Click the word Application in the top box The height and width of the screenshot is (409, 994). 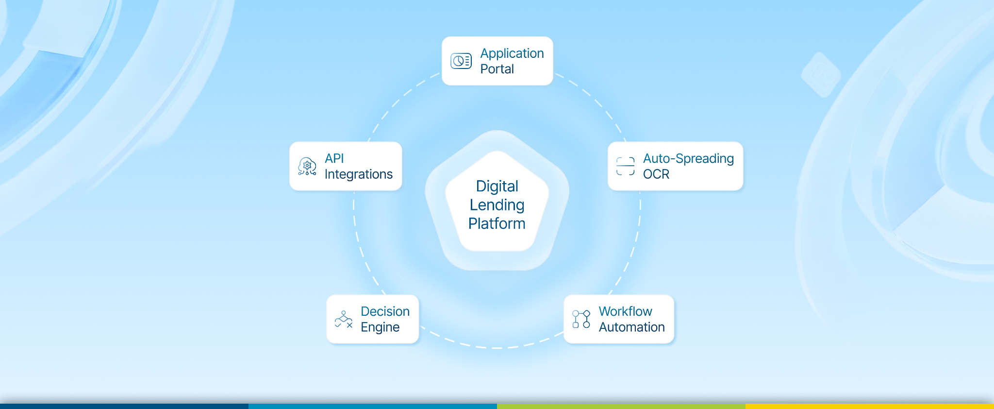pyautogui.click(x=512, y=53)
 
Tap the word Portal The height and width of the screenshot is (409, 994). pyautogui.click(x=497, y=69)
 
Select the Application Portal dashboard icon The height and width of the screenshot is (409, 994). pyautogui.click(x=461, y=61)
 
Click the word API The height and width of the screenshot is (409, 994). pyautogui.click(x=334, y=158)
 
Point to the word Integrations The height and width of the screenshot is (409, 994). pyautogui.click(x=358, y=174)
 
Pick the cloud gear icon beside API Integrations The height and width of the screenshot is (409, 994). pyautogui.click(x=307, y=166)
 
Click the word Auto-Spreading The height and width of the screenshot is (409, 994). pyautogui.click(x=688, y=158)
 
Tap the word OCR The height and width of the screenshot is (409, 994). pyautogui.click(x=656, y=174)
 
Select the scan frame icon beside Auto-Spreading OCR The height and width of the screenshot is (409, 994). pyautogui.click(x=625, y=166)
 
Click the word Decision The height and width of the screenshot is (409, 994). pyautogui.click(x=385, y=311)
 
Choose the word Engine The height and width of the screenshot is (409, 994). pyautogui.click(x=380, y=327)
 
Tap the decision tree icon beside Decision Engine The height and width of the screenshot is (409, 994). pyautogui.click(x=344, y=319)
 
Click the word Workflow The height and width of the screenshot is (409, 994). pyautogui.click(x=625, y=311)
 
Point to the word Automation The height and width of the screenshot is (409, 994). pyautogui.click(x=631, y=327)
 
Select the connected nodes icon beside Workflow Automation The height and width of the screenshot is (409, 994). pyautogui.click(x=581, y=319)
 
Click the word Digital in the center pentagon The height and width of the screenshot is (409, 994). pyautogui.click(x=497, y=186)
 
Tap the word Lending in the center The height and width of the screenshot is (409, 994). pyautogui.click(x=497, y=205)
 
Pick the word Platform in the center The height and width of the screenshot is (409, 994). pyautogui.click(x=497, y=223)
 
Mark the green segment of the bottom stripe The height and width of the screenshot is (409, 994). pyautogui.click(x=621, y=406)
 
